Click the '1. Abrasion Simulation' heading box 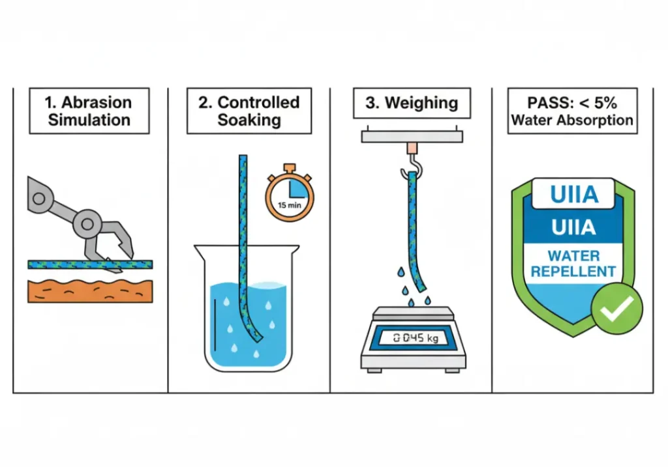click(89, 111)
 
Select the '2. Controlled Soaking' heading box click(249, 111)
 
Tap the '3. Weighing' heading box click(412, 103)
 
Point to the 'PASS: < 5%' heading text click(572, 102)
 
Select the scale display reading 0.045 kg click(412, 337)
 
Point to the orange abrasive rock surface click(90, 290)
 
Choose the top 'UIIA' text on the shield click(572, 193)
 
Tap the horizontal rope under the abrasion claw click(65, 264)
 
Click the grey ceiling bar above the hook click(412, 136)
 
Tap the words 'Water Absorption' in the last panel click(572, 120)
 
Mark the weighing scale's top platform click(412, 312)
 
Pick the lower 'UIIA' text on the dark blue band click(572, 227)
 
